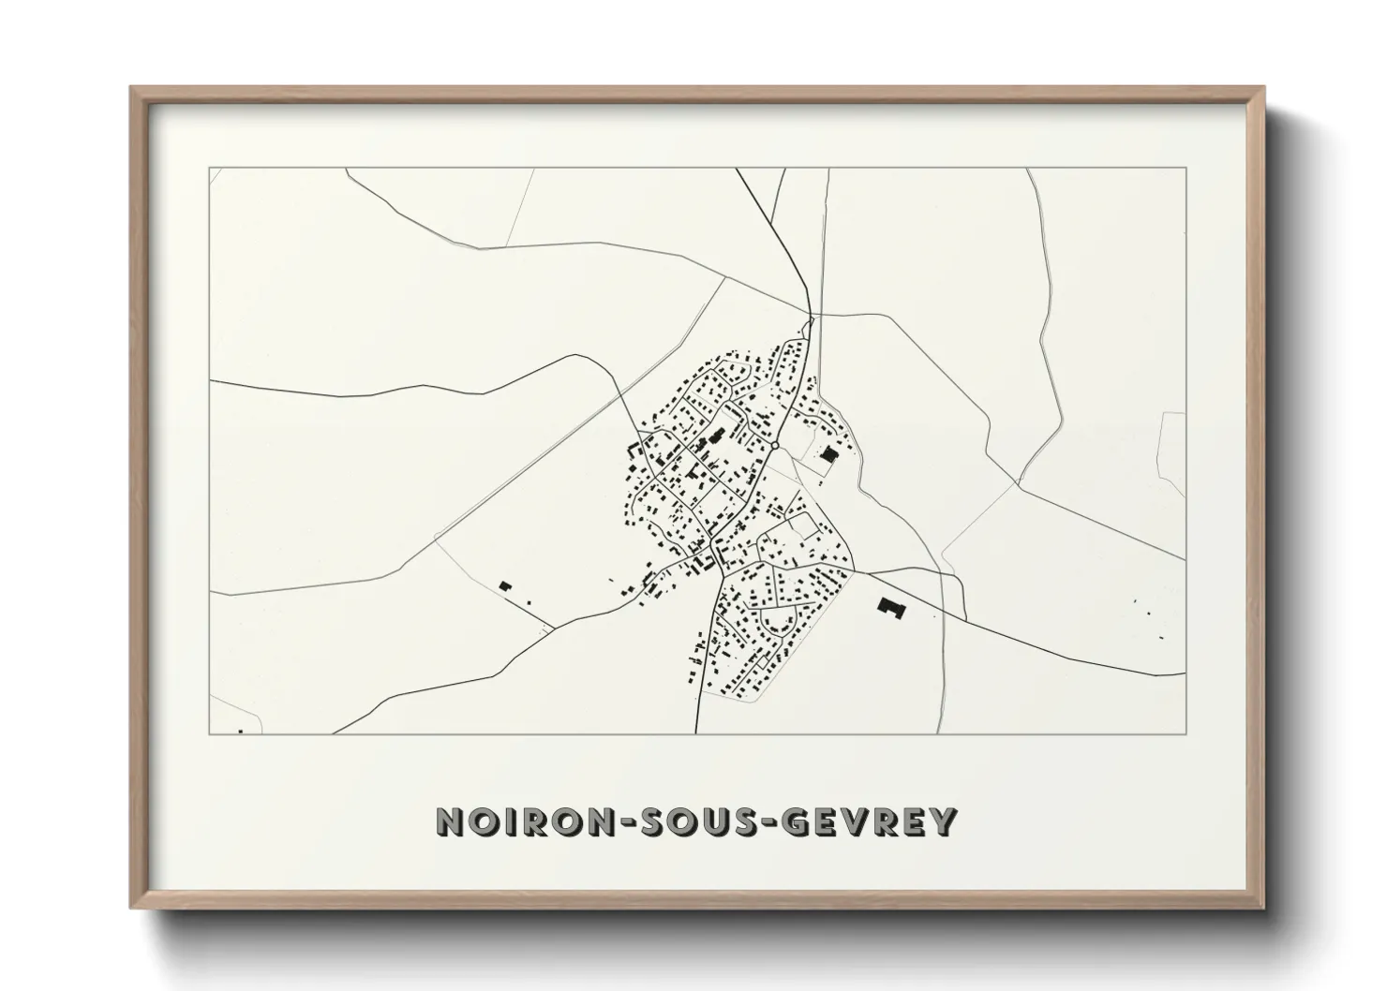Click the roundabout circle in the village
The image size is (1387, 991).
[x=776, y=445]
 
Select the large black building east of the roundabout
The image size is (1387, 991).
[x=828, y=454]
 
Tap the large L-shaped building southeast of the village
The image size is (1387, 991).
[x=888, y=607]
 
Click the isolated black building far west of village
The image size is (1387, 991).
[x=506, y=585]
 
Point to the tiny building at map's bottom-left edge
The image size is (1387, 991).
[x=241, y=730]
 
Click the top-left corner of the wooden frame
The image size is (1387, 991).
[x=132, y=88]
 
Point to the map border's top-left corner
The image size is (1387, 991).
[x=209, y=169]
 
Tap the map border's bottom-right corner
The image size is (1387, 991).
[x=1186, y=733]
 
